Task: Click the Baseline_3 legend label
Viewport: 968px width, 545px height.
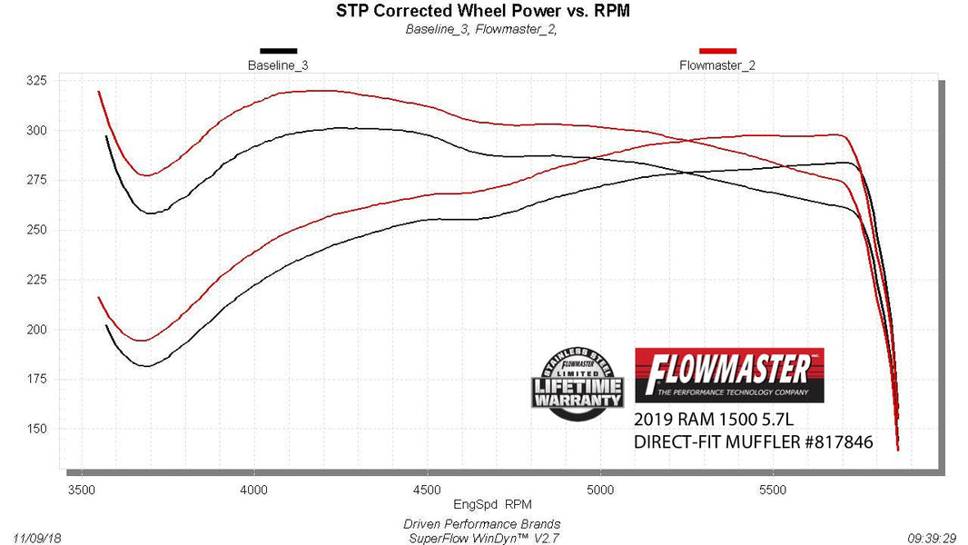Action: click(x=277, y=65)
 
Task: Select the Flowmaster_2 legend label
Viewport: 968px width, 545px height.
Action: click(x=717, y=65)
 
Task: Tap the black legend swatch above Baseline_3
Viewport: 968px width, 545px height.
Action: click(x=277, y=52)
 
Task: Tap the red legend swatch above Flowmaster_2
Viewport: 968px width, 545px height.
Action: click(x=717, y=52)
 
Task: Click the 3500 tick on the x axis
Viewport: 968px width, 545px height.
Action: click(x=82, y=488)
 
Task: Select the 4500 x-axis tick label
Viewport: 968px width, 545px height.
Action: click(x=428, y=488)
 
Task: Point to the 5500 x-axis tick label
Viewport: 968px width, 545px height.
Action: click(x=773, y=488)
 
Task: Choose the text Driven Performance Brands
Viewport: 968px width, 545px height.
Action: click(x=481, y=524)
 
